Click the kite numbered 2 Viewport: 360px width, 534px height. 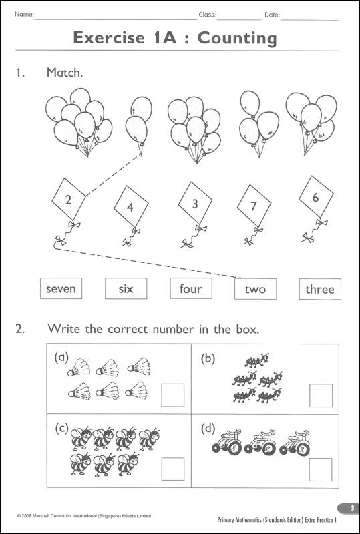point(68,198)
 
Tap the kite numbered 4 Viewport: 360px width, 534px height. point(130,206)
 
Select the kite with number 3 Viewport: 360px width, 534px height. point(195,204)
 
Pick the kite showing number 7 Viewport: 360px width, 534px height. point(253,206)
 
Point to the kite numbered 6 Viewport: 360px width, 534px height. point(315,198)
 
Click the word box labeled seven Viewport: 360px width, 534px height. point(61,289)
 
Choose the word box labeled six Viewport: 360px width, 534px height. point(126,289)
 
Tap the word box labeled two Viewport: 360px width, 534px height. point(255,289)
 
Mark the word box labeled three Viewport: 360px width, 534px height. point(319,290)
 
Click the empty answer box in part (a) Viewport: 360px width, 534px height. point(173,395)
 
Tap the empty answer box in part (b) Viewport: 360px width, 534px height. point(320,395)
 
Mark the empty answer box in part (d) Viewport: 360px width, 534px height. point(320,469)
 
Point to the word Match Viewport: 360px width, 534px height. point(65,73)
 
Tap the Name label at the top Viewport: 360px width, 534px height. point(23,14)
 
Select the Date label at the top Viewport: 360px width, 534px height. point(272,14)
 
